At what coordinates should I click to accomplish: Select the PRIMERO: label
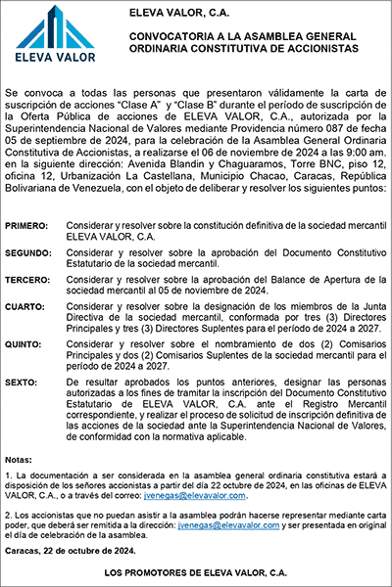coord(26,225)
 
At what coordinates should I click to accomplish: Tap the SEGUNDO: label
coord(28,252)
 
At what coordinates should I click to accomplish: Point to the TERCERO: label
coord(28,279)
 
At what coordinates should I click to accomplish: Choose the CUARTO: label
coord(25,306)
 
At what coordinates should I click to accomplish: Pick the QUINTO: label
coord(25,345)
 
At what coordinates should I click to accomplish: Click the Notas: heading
coord(18,459)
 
